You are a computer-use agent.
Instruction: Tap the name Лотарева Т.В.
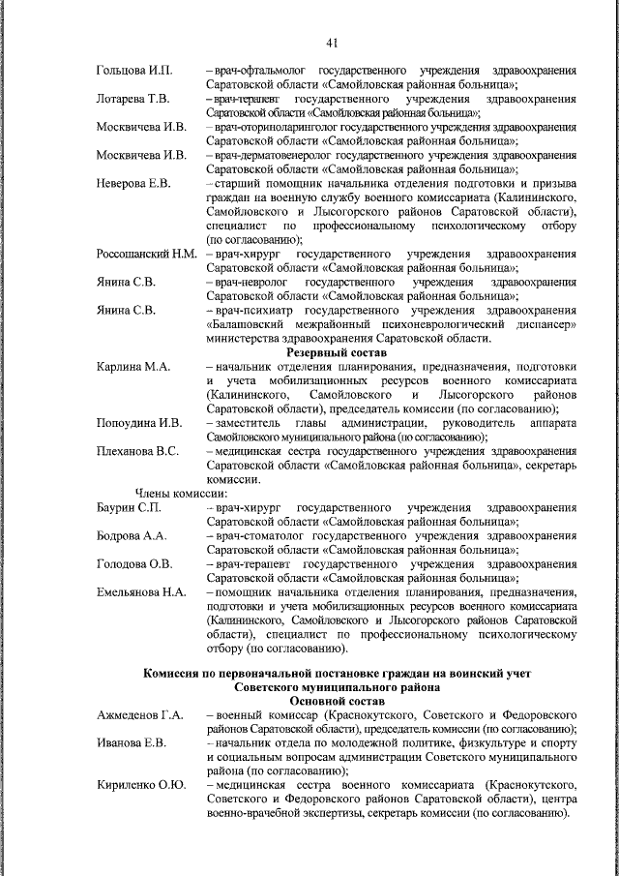click(133, 99)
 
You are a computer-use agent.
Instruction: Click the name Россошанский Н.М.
click(146, 254)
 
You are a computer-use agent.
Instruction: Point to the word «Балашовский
click(253, 324)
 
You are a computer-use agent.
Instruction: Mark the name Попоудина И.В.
click(139, 422)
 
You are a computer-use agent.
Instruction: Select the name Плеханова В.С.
click(137, 450)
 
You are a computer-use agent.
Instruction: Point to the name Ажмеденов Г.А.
click(140, 714)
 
